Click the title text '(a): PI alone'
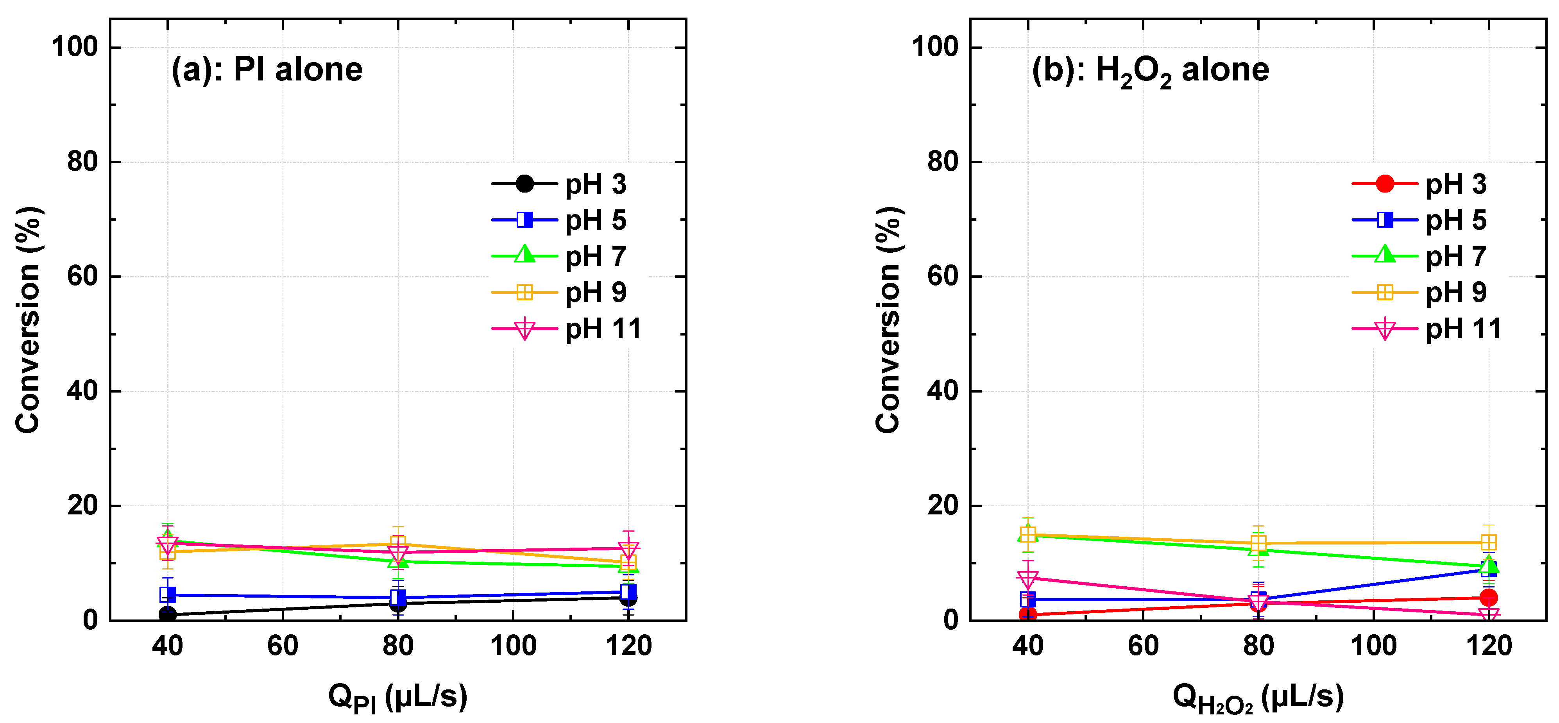point(267,70)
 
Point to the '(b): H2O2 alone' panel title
point(1150,71)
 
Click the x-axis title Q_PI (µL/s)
point(397,697)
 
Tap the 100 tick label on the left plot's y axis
point(75,47)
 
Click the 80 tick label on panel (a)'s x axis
point(397,646)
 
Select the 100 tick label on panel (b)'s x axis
point(1373,646)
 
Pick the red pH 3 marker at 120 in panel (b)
point(1488,598)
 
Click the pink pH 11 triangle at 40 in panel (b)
point(1027,578)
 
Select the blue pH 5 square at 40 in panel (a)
point(168,595)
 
